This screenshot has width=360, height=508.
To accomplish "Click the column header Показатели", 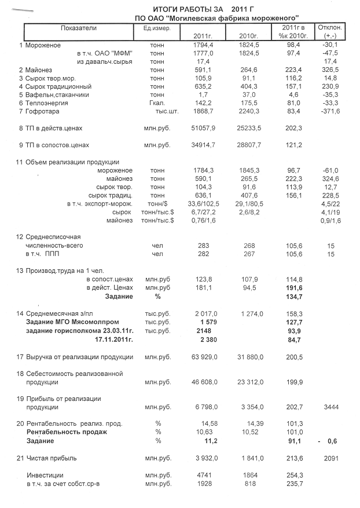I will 79,28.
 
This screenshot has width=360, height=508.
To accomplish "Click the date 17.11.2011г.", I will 113,339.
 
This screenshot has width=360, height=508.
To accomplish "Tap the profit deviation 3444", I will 330,407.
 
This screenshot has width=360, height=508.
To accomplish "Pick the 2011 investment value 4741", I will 205,475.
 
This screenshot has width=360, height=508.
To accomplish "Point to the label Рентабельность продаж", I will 67,432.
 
